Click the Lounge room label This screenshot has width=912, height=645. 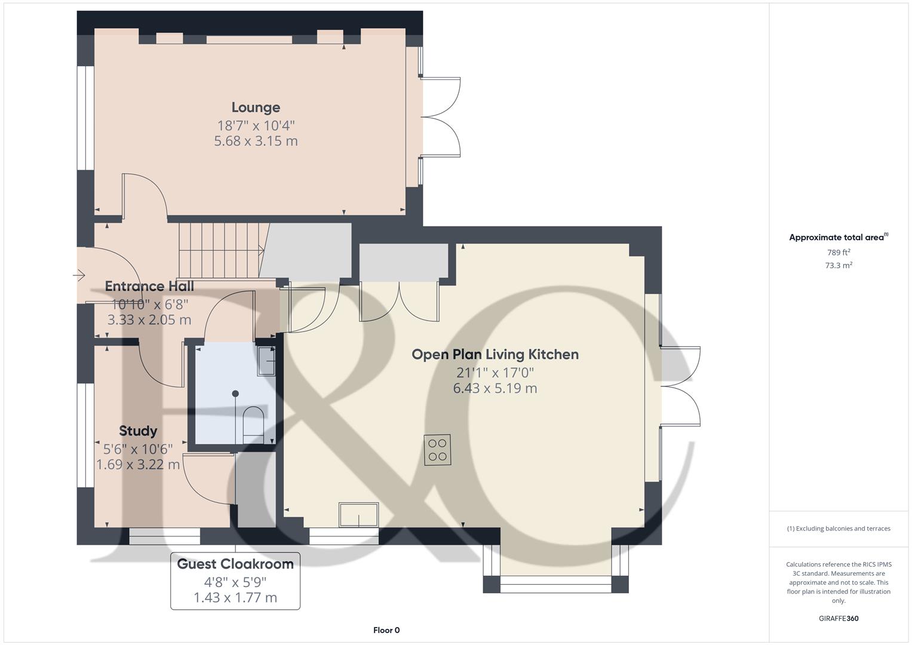click(256, 107)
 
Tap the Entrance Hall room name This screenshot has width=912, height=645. click(149, 286)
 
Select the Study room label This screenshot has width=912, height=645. click(138, 431)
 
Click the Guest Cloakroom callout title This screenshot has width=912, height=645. click(235, 564)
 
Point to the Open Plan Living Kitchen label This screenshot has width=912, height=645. click(495, 354)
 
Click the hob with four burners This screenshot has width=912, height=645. click(438, 450)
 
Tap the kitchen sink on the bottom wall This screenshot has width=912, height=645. click(358, 515)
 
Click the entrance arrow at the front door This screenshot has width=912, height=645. click(79, 275)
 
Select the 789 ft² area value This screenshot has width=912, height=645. click(839, 253)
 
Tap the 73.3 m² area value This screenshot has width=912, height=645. click(839, 266)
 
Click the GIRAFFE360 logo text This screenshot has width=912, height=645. click(839, 619)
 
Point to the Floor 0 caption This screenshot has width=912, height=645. click(386, 630)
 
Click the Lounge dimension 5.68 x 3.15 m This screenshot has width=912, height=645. click(256, 141)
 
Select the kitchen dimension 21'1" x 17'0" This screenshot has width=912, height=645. click(495, 373)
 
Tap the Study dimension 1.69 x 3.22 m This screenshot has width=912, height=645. click(138, 464)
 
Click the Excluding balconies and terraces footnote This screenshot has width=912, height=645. click(839, 529)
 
